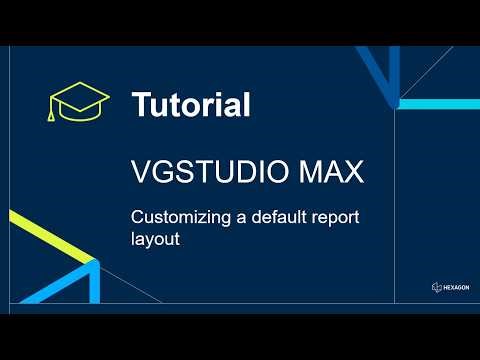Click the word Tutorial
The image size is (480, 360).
(190, 104)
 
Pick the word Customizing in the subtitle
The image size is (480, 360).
(173, 217)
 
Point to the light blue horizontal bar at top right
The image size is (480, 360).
(440, 102)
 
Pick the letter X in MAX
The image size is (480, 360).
(352, 172)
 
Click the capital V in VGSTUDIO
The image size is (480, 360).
(140, 172)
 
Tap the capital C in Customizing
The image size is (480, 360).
(138, 217)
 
